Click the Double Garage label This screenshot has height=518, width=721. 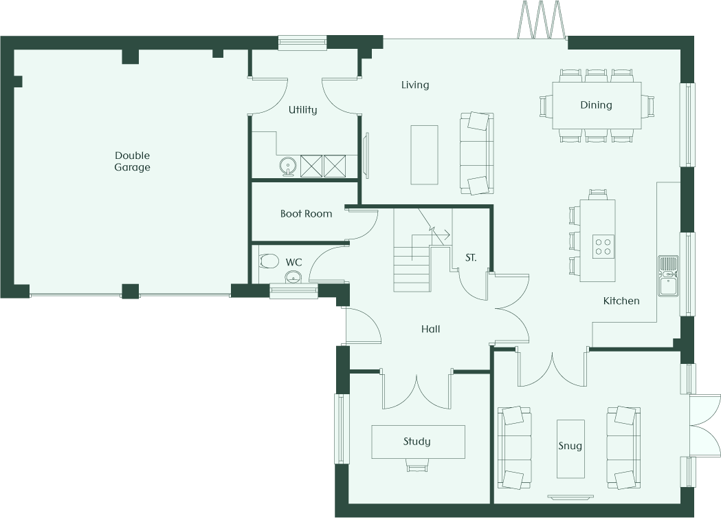(x=132, y=162)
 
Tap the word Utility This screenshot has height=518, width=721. (x=302, y=109)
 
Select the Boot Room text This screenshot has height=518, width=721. (x=307, y=213)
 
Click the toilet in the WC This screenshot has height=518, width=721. (x=269, y=261)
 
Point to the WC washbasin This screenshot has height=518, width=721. (x=293, y=277)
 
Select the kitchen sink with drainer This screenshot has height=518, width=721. (x=667, y=276)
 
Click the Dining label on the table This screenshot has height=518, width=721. (x=596, y=105)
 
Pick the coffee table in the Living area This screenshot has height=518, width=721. (x=424, y=155)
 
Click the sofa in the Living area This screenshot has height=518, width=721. (x=477, y=153)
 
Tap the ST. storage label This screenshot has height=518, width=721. (x=471, y=257)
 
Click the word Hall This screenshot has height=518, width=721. (x=430, y=329)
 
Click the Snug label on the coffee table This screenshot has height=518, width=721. (x=570, y=446)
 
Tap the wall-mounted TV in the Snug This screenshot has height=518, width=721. (x=570, y=497)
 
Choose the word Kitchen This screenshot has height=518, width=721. (x=621, y=301)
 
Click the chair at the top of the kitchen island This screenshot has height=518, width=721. (x=597, y=194)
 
